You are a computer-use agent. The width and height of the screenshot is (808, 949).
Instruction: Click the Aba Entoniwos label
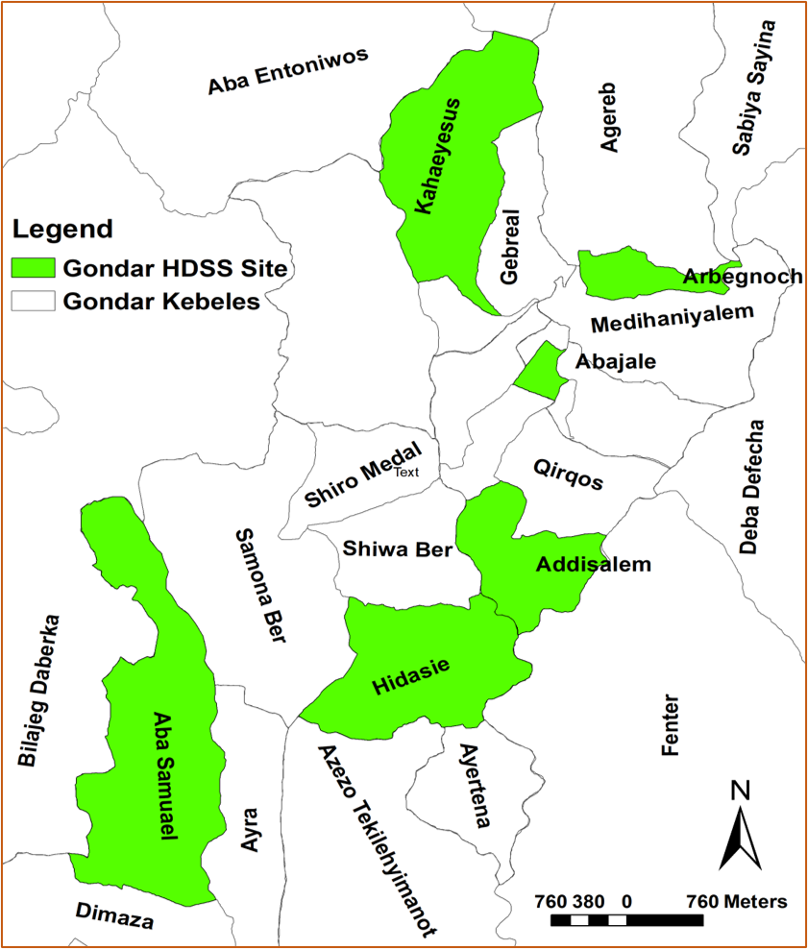coord(288,72)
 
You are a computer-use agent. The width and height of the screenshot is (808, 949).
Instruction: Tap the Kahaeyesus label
coord(436,155)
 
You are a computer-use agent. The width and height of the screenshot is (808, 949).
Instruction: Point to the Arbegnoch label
coord(742,278)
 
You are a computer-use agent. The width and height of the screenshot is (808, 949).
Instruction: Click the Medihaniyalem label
coord(672,318)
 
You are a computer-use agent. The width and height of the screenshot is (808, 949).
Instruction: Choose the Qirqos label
coord(568,473)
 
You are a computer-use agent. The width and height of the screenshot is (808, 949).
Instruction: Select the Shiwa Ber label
coord(397,548)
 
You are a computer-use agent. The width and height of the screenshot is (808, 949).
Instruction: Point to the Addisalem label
coord(593,565)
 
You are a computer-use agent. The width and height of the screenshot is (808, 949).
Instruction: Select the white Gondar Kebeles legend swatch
coord(32,301)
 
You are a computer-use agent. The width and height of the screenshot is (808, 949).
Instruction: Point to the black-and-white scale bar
coord(626,919)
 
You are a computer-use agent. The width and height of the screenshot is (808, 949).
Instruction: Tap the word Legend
coord(62,230)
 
